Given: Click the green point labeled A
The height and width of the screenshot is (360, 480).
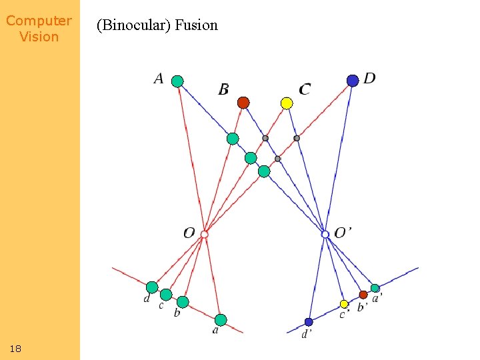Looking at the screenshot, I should [x=177, y=81].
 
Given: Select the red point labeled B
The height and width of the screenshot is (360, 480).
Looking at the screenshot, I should [x=243, y=103].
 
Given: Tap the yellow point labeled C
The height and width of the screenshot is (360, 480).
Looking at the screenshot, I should [x=287, y=103].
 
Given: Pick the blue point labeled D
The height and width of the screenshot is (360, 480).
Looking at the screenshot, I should [x=353, y=81].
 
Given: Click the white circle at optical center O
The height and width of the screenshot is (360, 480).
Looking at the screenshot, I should [x=205, y=234].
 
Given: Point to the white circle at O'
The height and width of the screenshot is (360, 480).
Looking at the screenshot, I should [x=325, y=234].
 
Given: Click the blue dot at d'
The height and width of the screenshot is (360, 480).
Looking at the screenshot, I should [x=309, y=322].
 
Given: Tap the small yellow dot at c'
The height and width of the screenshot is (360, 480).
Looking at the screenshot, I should [x=344, y=304].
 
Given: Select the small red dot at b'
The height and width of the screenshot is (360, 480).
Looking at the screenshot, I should [x=363, y=295].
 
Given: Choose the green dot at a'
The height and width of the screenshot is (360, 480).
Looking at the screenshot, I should [x=375, y=289].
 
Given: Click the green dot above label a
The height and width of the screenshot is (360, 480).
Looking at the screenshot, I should [x=221, y=319].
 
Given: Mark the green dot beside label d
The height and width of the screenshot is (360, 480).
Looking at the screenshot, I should [x=152, y=287].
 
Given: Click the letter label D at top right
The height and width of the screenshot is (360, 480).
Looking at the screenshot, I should [x=369, y=79].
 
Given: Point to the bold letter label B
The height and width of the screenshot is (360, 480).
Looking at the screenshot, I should [x=224, y=89].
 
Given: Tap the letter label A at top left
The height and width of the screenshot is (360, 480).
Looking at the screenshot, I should [x=159, y=79].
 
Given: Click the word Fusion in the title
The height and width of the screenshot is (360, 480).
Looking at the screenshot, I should [x=197, y=25].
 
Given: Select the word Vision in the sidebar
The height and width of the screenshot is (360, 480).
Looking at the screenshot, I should [x=39, y=37].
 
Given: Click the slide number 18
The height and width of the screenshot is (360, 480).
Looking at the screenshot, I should [x=16, y=349].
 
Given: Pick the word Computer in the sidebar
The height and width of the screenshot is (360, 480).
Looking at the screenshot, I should [x=39, y=21].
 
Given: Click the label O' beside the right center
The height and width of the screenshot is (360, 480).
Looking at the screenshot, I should [x=343, y=233].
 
